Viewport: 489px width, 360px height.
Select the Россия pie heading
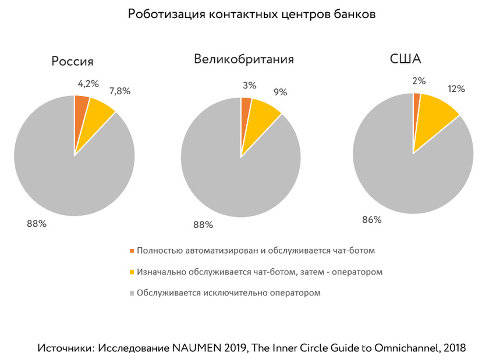tap(72, 62)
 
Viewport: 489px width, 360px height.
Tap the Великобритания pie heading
tap(244, 59)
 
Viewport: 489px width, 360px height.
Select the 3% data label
tap(250, 85)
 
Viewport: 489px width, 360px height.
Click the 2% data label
tap(419, 81)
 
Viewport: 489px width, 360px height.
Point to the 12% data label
tap(456, 89)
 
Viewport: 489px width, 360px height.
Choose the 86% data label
tap(371, 220)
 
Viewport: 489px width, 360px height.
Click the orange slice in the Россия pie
tap(81, 108)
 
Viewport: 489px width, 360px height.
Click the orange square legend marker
tap(132, 251)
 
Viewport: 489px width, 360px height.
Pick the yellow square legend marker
tap(132, 272)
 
